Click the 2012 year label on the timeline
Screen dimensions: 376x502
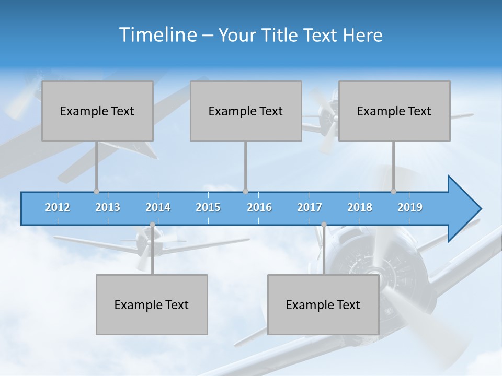58,207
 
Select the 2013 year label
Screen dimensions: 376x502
108,207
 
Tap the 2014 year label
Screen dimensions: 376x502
158,207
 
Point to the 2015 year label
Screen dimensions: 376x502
208,207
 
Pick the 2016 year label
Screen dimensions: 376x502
259,207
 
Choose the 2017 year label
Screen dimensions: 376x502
310,207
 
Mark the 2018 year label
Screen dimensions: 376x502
360,207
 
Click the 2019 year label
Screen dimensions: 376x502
410,207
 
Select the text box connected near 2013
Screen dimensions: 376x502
97,111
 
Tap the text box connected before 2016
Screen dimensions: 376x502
246,111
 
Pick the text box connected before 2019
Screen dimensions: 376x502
394,111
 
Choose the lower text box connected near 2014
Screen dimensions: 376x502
152,304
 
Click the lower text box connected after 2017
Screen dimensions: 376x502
323,304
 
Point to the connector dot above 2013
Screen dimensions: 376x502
96,192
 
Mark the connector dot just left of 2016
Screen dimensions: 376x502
245,192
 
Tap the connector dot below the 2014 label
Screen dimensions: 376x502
152,225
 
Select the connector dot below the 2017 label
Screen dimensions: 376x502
324,225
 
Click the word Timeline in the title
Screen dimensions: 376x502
157,34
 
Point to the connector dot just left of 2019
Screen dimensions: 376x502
394,192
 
